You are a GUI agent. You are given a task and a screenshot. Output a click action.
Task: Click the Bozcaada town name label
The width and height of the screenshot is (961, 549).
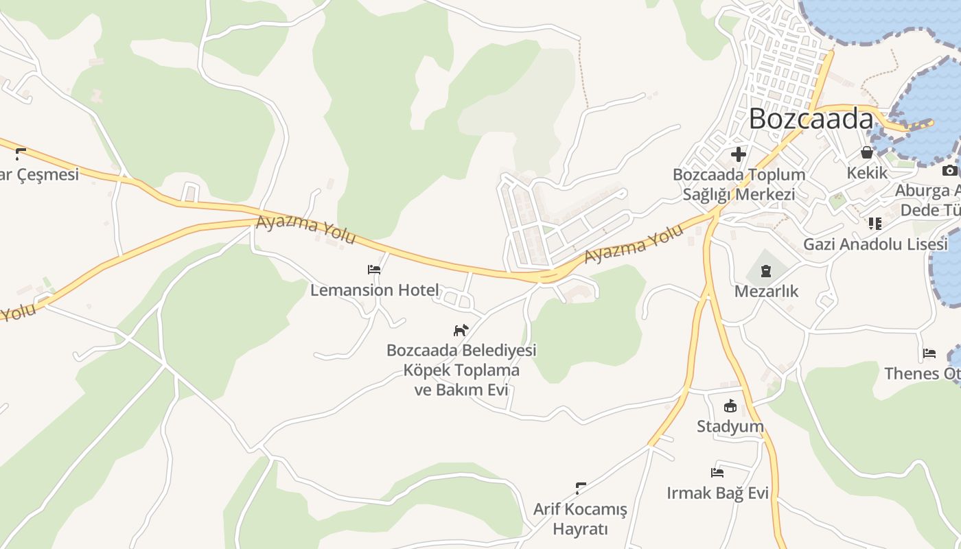(810, 119)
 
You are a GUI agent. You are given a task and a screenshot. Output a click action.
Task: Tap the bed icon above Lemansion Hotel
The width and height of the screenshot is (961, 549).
(374, 270)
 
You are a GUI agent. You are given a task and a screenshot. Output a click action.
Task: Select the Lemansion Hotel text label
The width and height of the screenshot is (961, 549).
(374, 290)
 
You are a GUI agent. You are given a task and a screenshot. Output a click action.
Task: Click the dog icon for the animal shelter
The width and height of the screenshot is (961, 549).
(461, 330)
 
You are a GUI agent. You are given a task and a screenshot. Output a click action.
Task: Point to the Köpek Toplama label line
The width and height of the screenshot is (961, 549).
(461, 371)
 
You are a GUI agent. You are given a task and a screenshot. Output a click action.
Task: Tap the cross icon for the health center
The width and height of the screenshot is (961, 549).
(739, 154)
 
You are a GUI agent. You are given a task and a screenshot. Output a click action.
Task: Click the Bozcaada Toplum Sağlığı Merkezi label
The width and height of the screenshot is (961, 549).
(739, 184)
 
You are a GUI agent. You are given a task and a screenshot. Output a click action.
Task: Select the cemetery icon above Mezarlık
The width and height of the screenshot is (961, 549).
(766, 271)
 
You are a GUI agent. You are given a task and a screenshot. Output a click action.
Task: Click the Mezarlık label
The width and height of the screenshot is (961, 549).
(766, 292)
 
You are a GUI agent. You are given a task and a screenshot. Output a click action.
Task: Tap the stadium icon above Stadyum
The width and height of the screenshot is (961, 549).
(730, 406)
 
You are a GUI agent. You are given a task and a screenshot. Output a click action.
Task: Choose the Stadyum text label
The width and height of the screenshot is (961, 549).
(730, 427)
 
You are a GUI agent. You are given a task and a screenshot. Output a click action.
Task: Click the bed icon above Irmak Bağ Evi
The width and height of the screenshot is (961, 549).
(717, 472)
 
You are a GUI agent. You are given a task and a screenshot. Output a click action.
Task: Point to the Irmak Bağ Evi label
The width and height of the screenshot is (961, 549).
(717, 493)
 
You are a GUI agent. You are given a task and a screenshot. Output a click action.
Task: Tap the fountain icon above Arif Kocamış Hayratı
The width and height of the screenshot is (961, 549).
(580, 489)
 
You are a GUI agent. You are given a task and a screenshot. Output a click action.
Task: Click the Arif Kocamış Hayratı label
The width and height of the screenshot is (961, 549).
(580, 519)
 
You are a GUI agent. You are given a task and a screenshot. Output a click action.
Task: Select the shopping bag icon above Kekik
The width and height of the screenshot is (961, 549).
(867, 152)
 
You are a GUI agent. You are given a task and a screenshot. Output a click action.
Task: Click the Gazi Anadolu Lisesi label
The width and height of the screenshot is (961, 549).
(875, 244)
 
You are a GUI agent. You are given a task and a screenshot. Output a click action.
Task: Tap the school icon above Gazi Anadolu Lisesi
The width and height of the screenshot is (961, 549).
(875, 223)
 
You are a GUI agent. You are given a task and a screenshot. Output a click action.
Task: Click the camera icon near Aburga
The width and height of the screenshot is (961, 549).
(949, 170)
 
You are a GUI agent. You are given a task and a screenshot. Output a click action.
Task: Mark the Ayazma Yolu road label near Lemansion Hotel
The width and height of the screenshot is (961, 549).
(306, 230)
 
